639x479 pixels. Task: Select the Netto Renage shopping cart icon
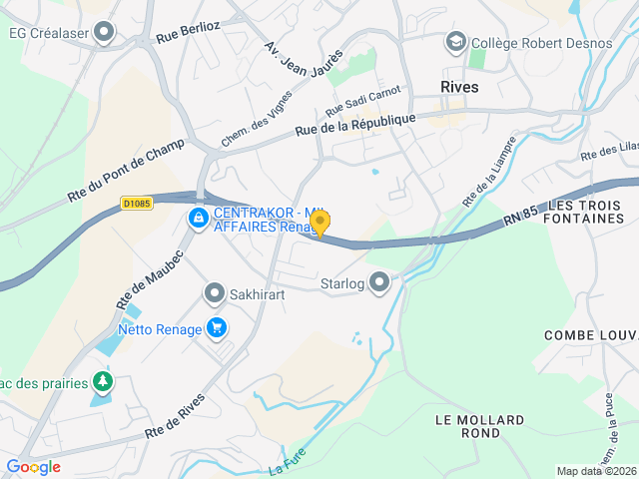216,327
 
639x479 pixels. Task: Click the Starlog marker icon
379,284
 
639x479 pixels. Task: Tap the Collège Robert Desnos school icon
456,42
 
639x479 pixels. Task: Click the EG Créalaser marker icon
105,33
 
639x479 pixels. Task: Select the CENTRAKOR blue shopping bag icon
199,217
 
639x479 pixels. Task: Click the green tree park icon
101,381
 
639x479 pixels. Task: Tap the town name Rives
459,87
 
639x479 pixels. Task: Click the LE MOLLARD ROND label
468,426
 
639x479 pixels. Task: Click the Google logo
33,467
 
